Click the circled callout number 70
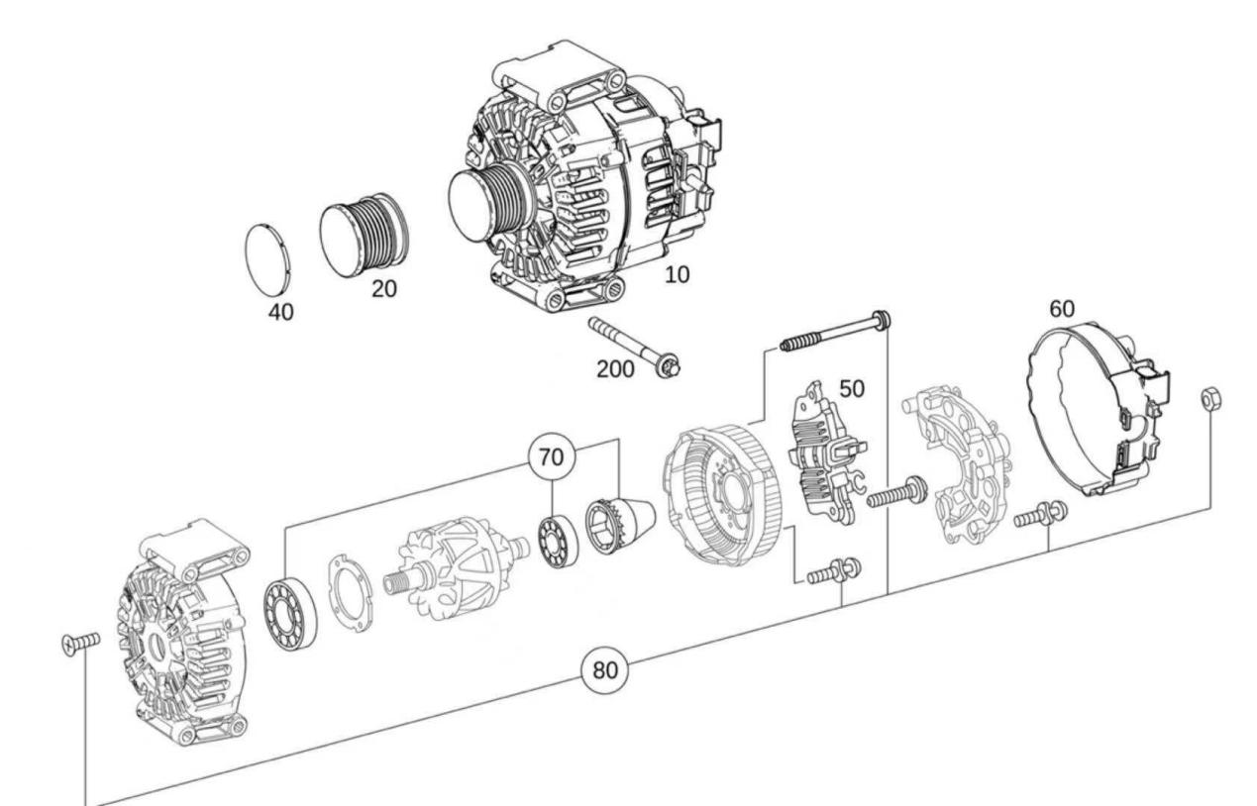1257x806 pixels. (x=551, y=457)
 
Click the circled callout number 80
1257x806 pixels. (x=604, y=670)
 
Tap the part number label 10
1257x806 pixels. (x=678, y=275)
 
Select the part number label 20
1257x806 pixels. (x=384, y=289)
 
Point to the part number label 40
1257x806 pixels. (x=280, y=312)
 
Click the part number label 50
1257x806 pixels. (x=852, y=389)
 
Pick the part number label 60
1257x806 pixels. (x=1062, y=309)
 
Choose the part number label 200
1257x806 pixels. (x=615, y=369)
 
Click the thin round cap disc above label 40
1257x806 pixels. (x=268, y=259)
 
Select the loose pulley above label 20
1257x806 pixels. (x=365, y=235)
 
